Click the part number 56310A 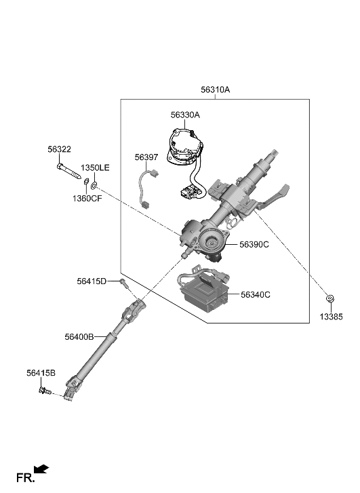(215, 90)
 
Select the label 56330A (185, 115)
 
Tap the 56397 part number (146, 157)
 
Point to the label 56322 (59, 150)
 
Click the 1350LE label (95, 167)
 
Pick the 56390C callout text (254, 245)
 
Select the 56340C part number (256, 295)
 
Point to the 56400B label (79, 336)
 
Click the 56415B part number (41, 373)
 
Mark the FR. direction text (25, 479)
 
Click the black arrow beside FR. (42, 469)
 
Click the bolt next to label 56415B (47, 391)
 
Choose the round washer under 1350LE (94, 184)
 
